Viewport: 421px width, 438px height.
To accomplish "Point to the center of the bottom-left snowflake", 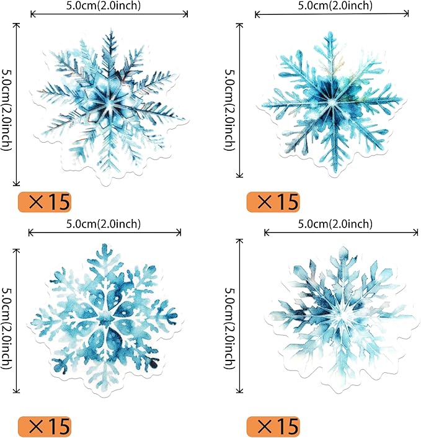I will [105, 320].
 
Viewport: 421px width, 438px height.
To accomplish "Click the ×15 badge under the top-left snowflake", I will [45, 202].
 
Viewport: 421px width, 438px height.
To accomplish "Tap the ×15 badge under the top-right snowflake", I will [273, 202].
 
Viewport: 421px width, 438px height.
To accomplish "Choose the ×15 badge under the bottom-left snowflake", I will [45, 426].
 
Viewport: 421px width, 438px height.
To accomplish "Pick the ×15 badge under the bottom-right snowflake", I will [273, 426].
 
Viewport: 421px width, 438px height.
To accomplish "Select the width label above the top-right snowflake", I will [335, 6].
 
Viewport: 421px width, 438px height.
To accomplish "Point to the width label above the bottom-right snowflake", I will [335, 223].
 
